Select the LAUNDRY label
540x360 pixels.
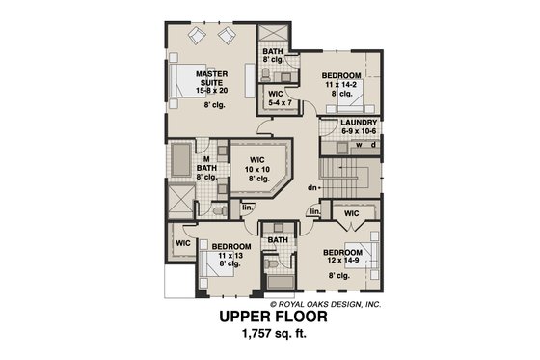(359, 124)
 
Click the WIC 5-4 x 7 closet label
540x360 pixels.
(276, 97)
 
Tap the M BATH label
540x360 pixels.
(205, 165)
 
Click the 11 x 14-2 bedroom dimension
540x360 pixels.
(340, 84)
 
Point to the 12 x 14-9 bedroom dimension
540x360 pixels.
(340, 260)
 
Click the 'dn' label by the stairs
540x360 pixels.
(312, 187)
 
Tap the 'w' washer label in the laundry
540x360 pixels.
(358, 147)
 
